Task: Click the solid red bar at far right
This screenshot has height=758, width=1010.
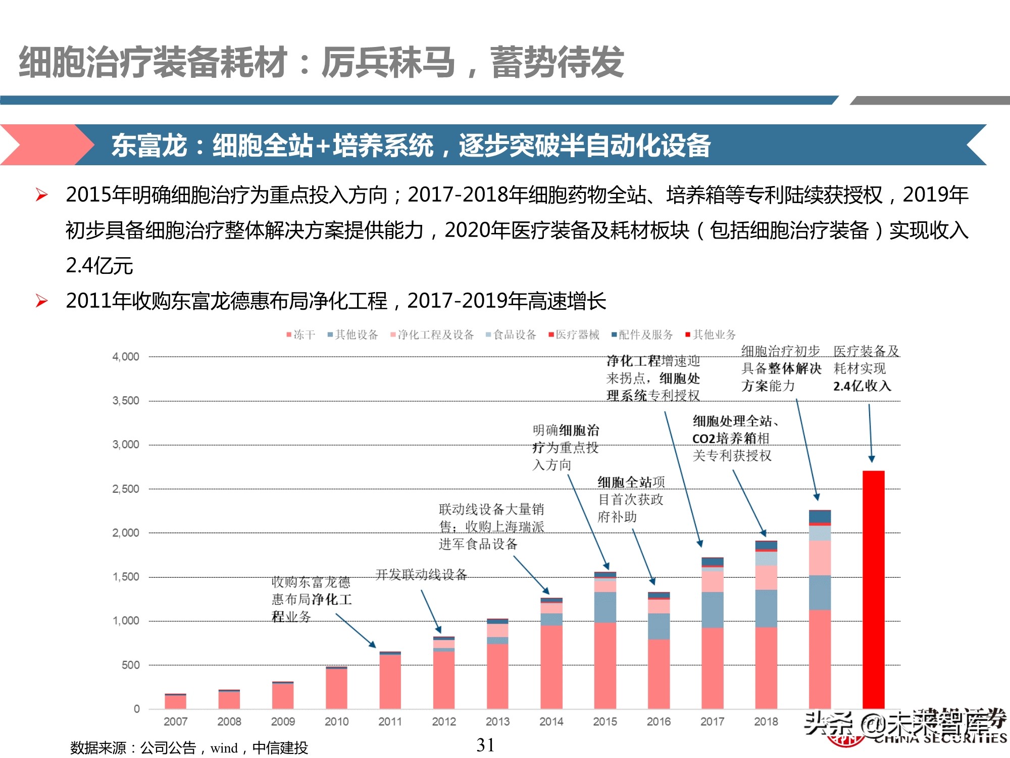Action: [x=873, y=589]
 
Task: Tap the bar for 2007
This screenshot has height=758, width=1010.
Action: [x=175, y=701]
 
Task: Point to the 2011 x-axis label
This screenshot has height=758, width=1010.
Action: [x=390, y=722]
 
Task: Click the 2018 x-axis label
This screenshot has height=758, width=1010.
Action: [x=766, y=722]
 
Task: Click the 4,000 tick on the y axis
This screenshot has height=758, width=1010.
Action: [x=126, y=357]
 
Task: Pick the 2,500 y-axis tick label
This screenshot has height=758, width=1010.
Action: [x=126, y=489]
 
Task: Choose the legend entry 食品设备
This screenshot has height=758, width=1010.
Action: [x=511, y=335]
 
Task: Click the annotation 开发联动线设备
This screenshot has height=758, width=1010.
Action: [x=421, y=575]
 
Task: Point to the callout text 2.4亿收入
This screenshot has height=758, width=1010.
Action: [x=862, y=386]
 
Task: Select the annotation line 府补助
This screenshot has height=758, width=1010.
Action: [x=617, y=517]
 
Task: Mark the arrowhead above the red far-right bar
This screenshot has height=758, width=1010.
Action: [x=871, y=459]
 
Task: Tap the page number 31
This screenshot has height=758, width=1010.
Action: [x=485, y=745]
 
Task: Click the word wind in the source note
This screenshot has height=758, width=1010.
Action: [x=224, y=748]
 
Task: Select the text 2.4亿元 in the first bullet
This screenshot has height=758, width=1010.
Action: [x=99, y=266]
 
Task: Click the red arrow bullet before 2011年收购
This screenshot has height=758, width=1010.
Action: [x=42, y=301]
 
